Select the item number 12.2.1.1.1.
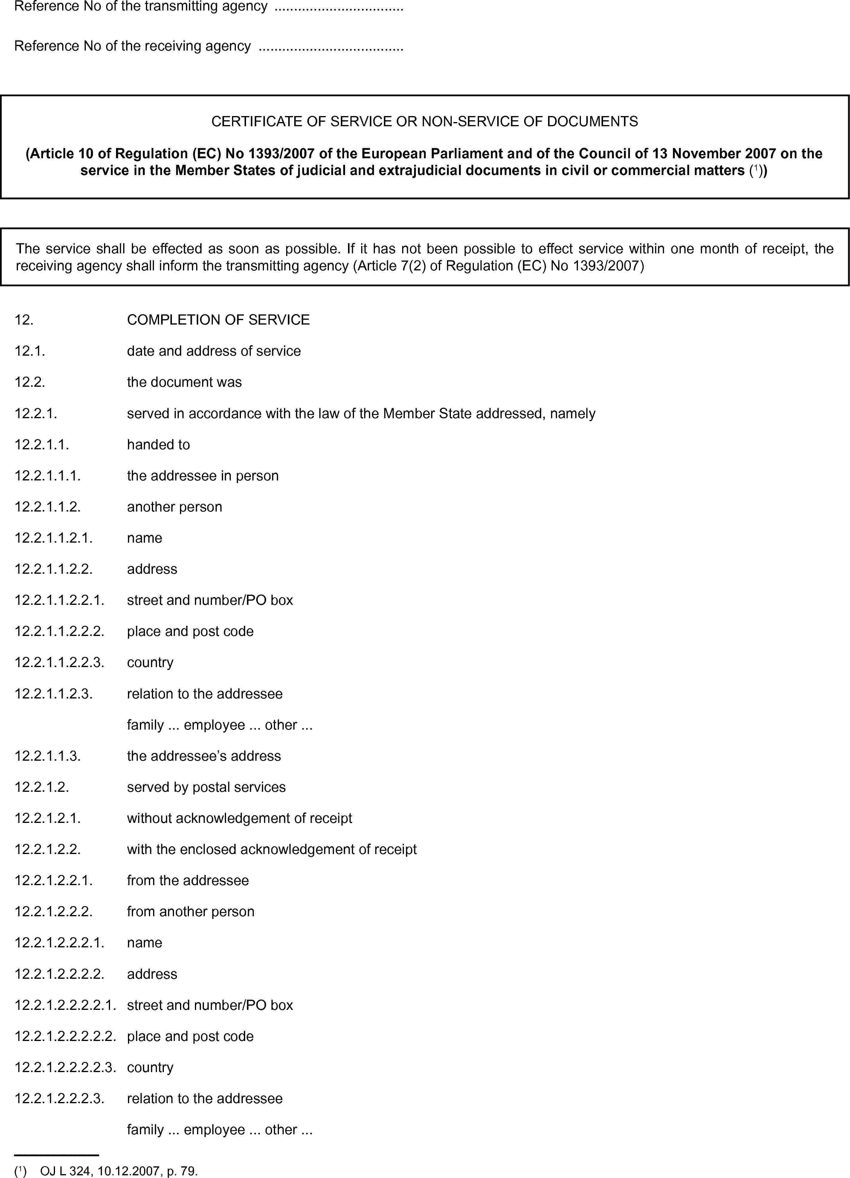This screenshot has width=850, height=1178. pyautogui.click(x=47, y=475)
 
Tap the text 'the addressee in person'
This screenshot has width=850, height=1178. pyautogui.click(x=202, y=475)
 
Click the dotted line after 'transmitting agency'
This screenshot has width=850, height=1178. pyautogui.click(x=338, y=7)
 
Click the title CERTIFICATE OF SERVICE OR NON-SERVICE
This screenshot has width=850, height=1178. pyautogui.click(x=424, y=121)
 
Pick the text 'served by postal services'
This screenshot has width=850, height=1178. pyautogui.click(x=206, y=787)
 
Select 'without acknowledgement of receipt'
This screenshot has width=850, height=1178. pyautogui.click(x=239, y=818)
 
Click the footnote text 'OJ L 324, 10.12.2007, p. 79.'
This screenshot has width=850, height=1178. pyautogui.click(x=119, y=1171)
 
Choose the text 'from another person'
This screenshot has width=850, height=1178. pyautogui.click(x=190, y=911)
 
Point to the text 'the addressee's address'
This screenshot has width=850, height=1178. pyautogui.click(x=204, y=756)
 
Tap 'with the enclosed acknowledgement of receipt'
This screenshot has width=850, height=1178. pyautogui.click(x=271, y=849)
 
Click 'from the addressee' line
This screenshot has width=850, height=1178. pyautogui.click(x=187, y=880)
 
